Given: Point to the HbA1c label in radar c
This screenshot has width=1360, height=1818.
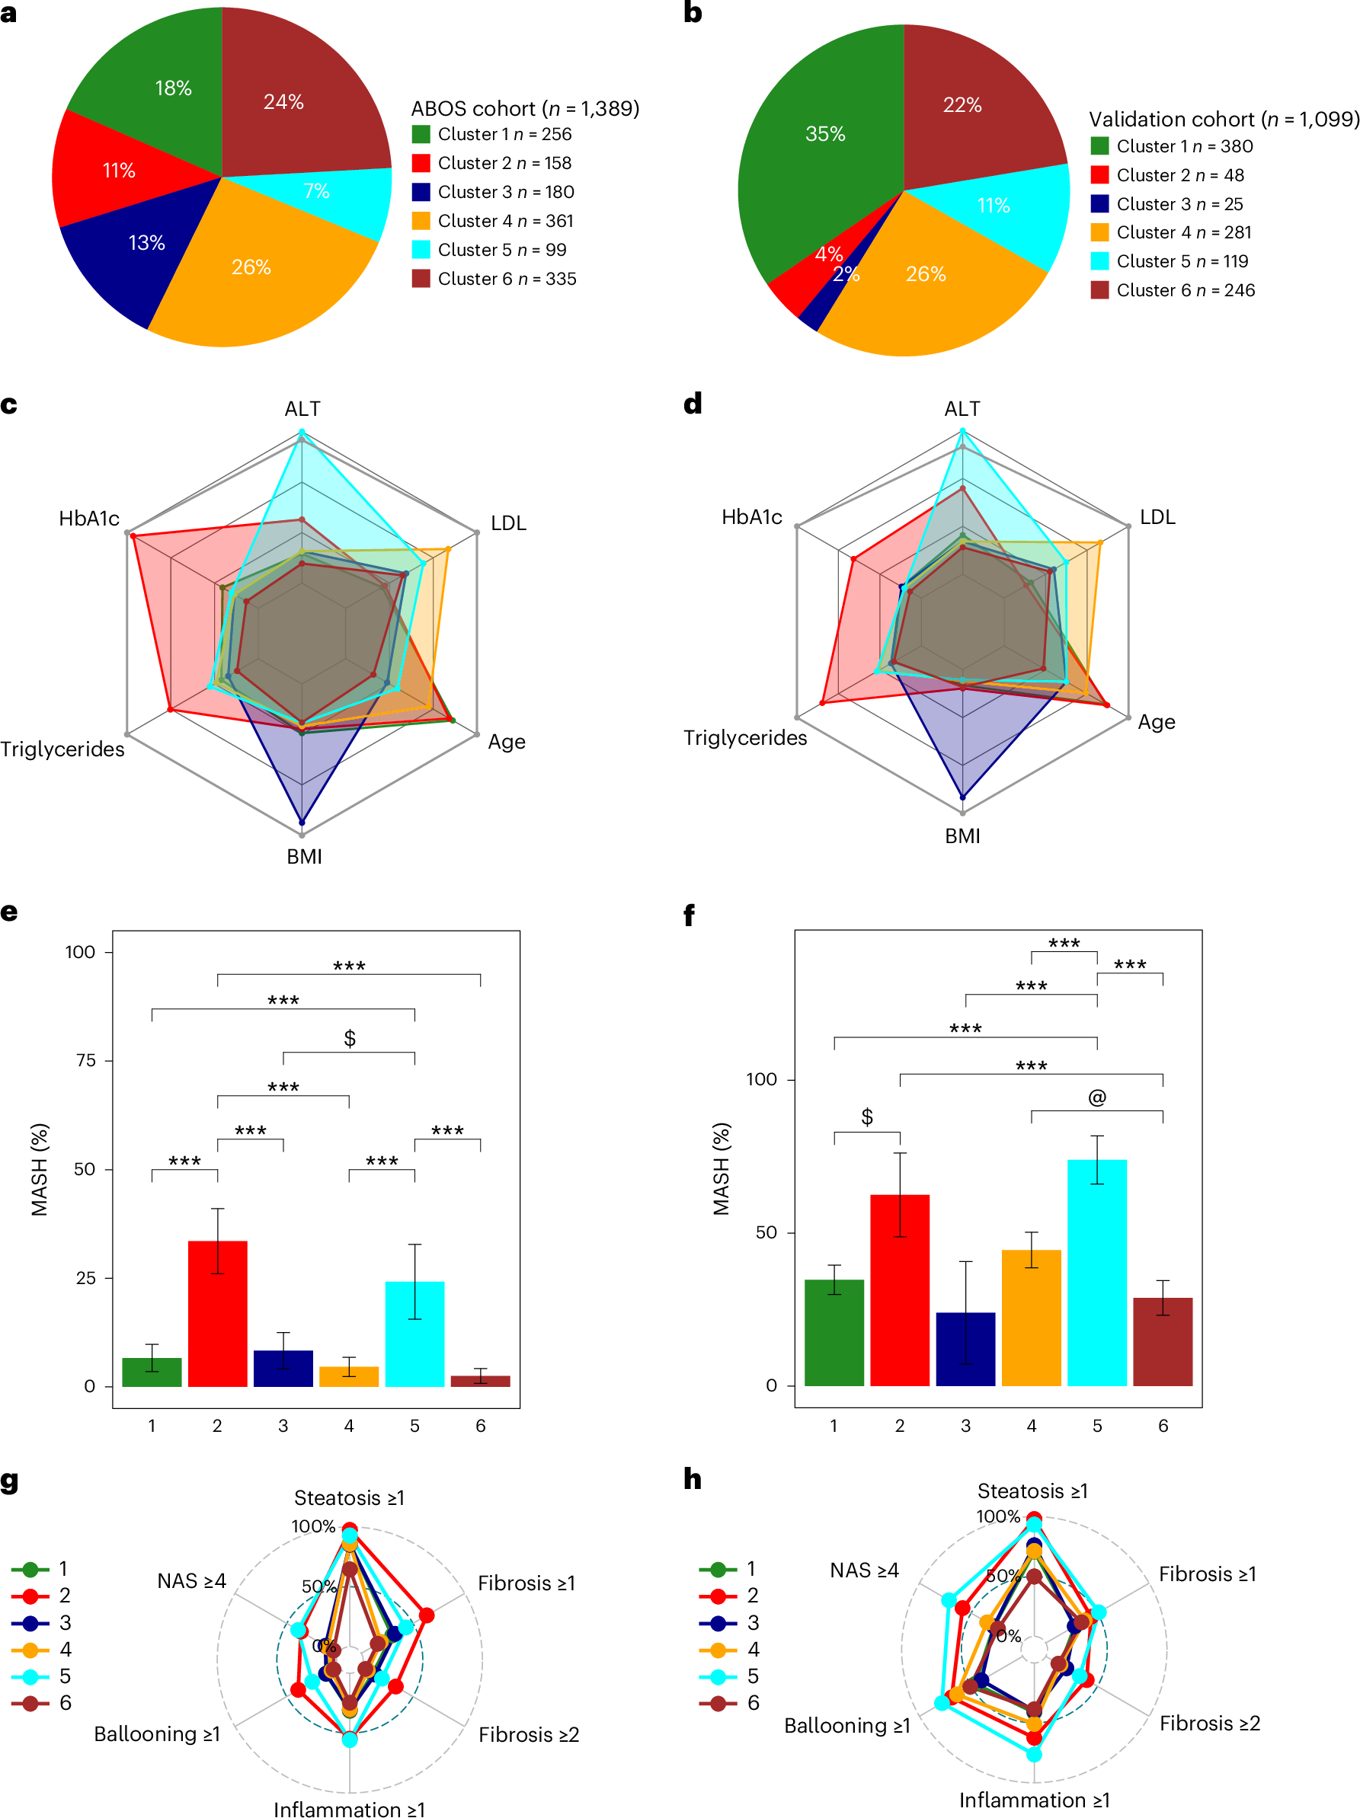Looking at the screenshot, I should point(89,519).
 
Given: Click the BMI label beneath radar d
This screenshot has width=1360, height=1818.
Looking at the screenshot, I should point(962,836).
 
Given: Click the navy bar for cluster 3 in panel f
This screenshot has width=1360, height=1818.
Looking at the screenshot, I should point(965,1349).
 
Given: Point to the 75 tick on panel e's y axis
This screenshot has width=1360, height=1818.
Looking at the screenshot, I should point(85,1060).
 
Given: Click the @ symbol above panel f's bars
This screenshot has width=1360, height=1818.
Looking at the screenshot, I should point(1096,1098).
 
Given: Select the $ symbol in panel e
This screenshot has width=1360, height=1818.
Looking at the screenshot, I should point(350,1039).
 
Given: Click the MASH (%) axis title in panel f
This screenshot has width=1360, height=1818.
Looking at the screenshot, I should point(720,1168).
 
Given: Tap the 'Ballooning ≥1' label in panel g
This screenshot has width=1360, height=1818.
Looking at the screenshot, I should point(156,1734).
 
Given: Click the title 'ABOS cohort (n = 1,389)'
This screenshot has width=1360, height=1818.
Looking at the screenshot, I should point(525,108).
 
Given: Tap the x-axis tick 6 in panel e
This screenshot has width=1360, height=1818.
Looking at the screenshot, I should point(480,1426).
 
